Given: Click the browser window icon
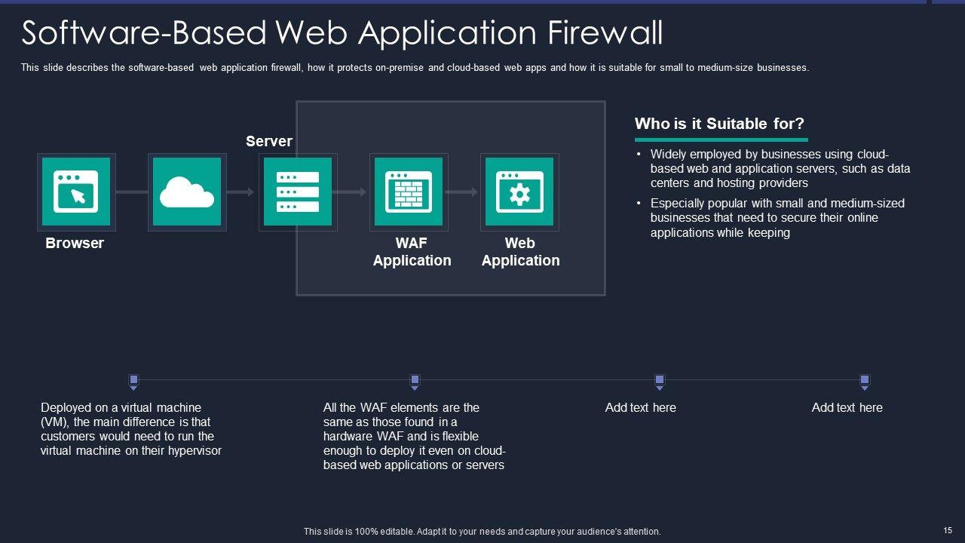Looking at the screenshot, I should click(x=75, y=192).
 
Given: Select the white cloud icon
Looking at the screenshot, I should click(x=187, y=192).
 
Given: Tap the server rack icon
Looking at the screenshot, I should click(x=298, y=192).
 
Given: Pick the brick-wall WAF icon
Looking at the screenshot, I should click(x=409, y=192).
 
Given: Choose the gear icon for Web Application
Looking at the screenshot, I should click(x=519, y=192).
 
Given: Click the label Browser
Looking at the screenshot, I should click(x=75, y=243).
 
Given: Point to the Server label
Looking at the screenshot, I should click(x=269, y=141).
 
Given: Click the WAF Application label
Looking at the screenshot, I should click(x=412, y=252).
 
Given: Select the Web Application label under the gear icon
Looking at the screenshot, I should click(x=520, y=252).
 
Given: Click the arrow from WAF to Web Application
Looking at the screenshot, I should click(x=462, y=192).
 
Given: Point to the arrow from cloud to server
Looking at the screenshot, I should click(x=240, y=192).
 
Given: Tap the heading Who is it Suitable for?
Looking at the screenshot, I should click(x=719, y=124).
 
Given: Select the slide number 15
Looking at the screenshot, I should click(x=948, y=531).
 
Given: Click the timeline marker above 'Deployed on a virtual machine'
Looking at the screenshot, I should click(x=133, y=380).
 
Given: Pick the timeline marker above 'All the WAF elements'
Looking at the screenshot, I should click(x=414, y=380).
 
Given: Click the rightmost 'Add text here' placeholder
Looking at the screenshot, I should click(x=847, y=407).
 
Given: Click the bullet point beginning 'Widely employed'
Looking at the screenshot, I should click(x=780, y=168).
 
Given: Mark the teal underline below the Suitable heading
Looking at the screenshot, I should click(x=721, y=140).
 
